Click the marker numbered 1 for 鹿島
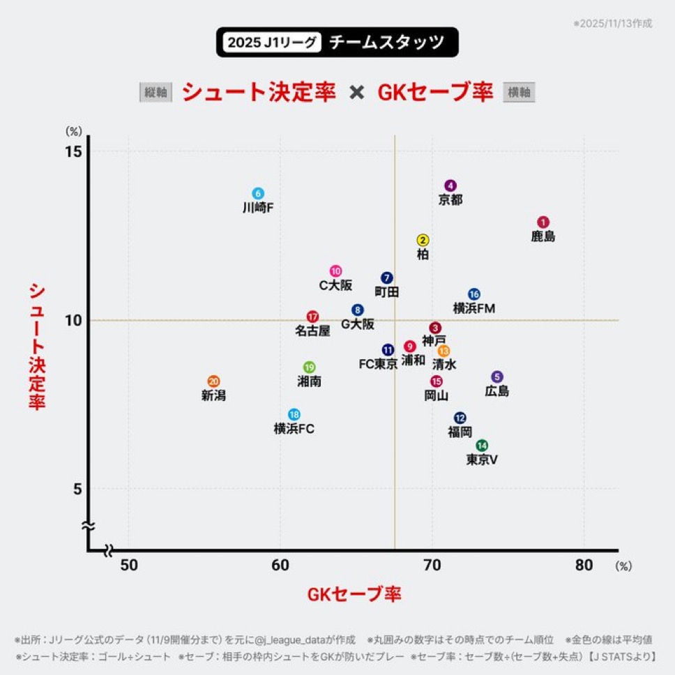coord(543,222)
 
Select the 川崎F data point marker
coord(258,193)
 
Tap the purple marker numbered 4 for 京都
coord(450,185)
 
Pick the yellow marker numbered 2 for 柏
coord(423,240)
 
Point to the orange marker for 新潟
coord(213,381)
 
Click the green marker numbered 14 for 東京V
coord(482,445)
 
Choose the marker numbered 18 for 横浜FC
coord(294,414)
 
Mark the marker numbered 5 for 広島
coord(497,377)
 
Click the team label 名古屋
coord(312,331)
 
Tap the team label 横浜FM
coord(474,308)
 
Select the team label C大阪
coord(335,285)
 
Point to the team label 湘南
coord(309,381)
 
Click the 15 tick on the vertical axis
coord(74,152)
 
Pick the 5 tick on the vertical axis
coord(77,489)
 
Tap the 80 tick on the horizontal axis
coord(584,566)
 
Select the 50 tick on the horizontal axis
coord(129,566)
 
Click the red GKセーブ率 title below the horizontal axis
coord(354,594)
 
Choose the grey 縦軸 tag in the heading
coord(156,92)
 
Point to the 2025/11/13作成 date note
coord(614,23)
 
